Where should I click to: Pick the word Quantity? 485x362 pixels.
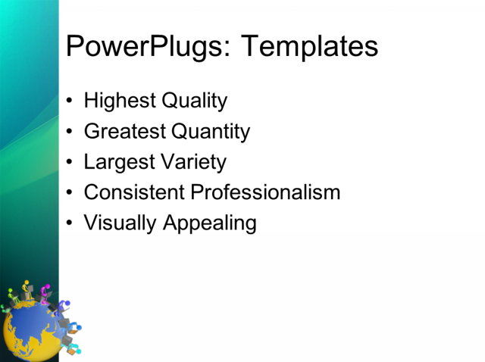coord(211,132)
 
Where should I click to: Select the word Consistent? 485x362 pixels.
coord(134,192)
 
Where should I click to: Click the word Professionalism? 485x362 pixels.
coord(265,192)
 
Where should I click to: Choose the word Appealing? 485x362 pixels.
coord(208,223)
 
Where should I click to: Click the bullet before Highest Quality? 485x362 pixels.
coord(70,101)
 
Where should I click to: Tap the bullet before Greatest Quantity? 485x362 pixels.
coord(70,133)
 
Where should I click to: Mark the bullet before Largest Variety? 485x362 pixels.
coord(70,163)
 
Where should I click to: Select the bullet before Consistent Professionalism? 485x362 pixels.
coord(70,193)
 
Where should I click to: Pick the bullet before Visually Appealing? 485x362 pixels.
coord(70,224)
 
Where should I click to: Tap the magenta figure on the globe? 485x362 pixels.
coord(46,293)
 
